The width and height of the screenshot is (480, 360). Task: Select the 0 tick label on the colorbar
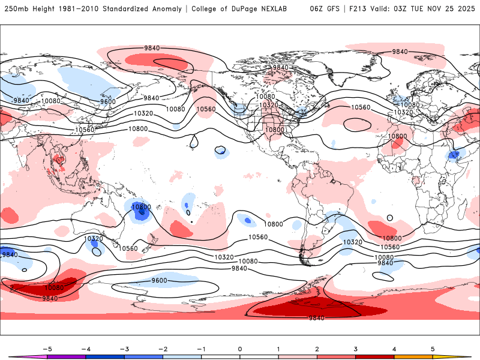240,348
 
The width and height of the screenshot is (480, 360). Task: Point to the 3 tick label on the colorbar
355,348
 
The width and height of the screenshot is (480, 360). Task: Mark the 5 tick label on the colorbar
433,348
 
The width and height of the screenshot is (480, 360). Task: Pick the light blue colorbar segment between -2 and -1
182,356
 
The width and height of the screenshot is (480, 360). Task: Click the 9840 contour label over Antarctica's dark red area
316,317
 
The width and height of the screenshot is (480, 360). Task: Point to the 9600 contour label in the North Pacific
108,101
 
